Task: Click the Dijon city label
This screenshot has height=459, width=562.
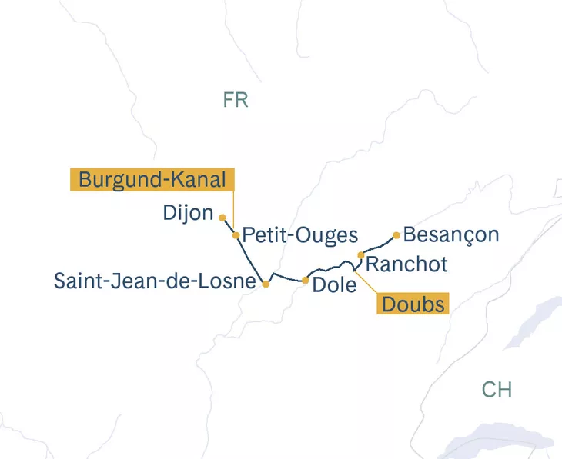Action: coord(188,213)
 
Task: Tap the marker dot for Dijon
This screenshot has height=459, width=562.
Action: coord(222,218)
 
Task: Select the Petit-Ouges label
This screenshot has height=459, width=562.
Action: coord(300,236)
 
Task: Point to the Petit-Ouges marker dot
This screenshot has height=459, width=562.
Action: coord(236,235)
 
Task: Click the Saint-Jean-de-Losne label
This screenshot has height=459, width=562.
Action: coord(154,281)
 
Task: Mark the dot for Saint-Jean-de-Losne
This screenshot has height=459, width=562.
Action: coord(266,284)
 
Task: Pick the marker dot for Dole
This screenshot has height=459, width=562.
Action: coord(306,280)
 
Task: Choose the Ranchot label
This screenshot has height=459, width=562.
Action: coord(406,264)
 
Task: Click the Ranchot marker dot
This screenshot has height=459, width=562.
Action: coord(361,255)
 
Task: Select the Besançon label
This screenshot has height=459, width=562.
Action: coord(451,234)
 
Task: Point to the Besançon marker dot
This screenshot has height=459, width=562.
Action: coord(396,234)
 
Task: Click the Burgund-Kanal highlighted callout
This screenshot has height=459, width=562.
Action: coord(152,180)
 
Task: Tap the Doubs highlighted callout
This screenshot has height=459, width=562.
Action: coord(413,304)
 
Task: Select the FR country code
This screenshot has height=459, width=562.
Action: coord(236,100)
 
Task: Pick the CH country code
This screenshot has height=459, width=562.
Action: coord(497,389)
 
